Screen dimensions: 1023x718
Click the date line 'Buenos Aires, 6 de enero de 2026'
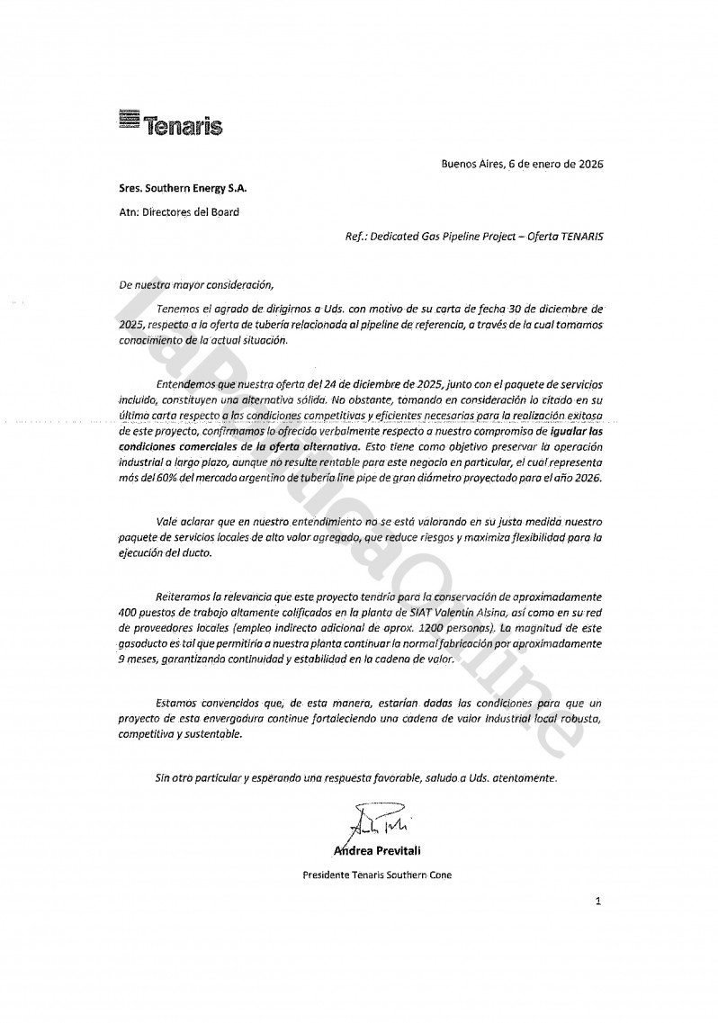[x=522, y=165]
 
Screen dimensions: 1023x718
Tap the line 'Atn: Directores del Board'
[x=179, y=213]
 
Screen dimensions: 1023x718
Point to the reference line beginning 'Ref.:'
[x=474, y=237]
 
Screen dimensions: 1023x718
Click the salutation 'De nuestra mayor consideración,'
[x=195, y=284]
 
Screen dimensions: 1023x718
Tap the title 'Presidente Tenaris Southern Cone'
[x=377, y=874]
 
